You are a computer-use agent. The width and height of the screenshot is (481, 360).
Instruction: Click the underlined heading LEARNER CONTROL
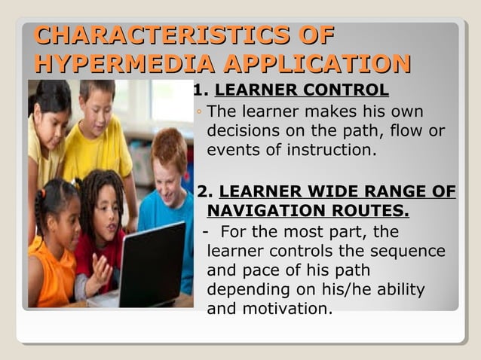pos(302,92)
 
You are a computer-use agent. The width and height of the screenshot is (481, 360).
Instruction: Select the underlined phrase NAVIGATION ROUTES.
pos(308,209)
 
